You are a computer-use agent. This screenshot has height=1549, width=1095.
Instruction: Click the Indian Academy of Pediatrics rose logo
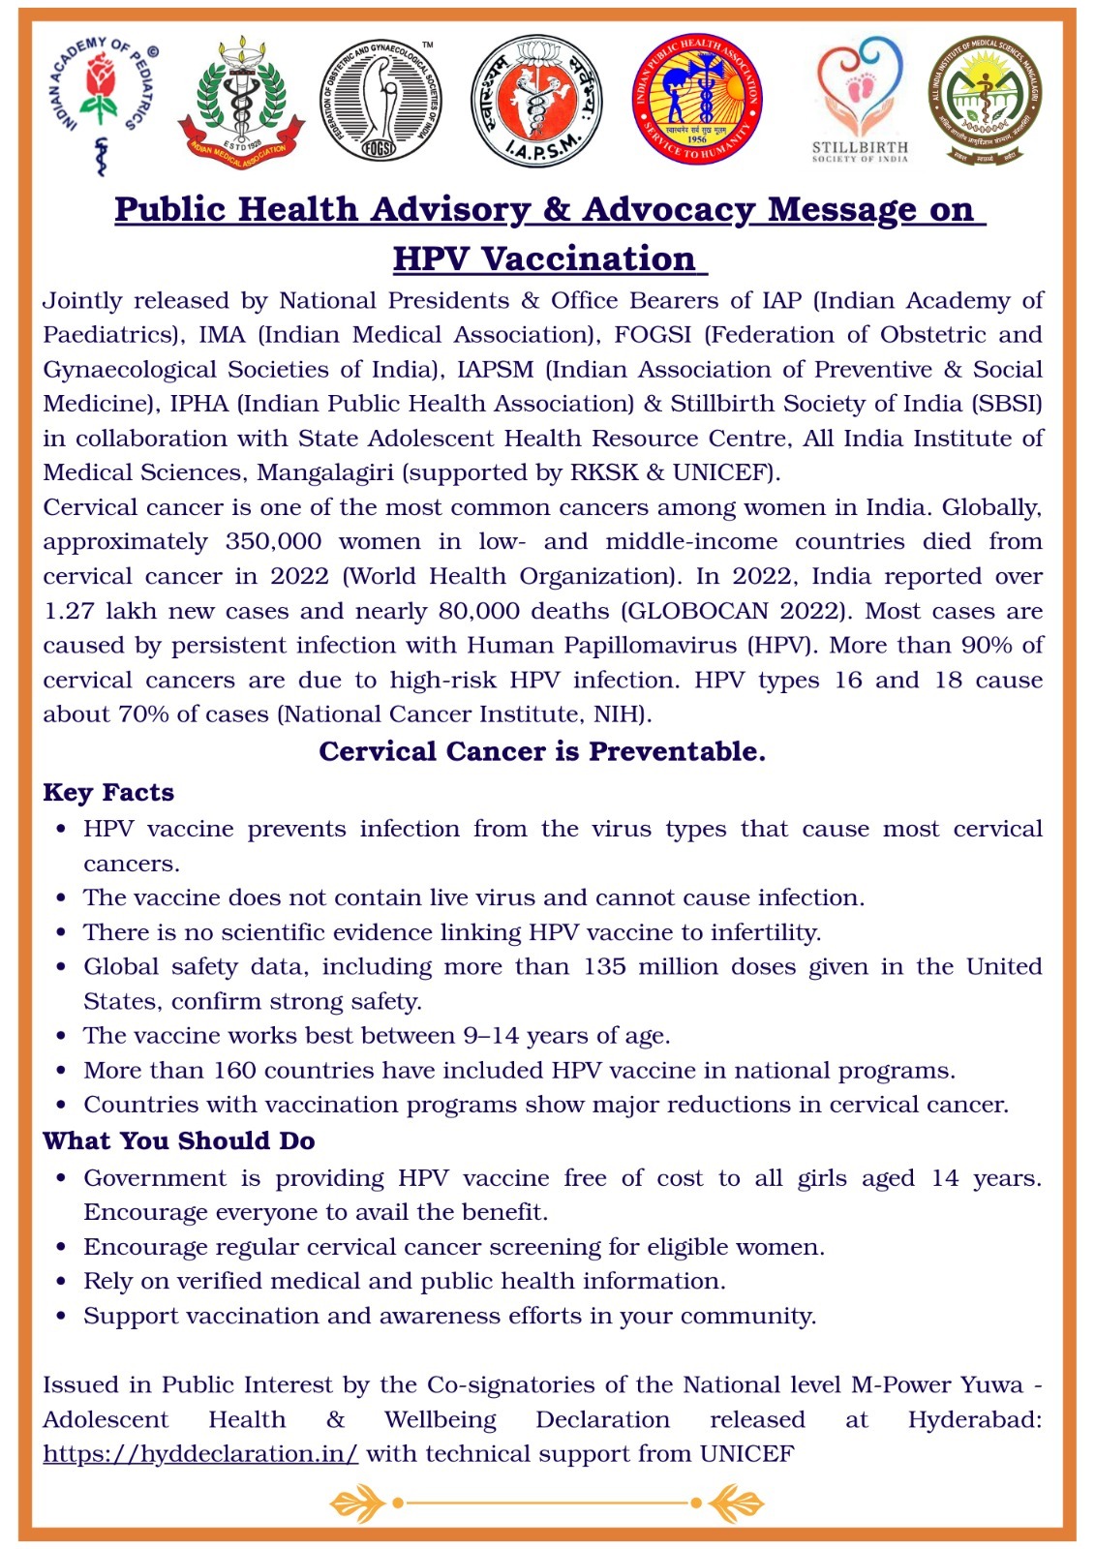pos(101,101)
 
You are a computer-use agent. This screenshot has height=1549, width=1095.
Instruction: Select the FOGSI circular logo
pos(380,101)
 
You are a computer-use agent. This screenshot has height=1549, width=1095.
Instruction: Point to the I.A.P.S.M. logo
pos(536,101)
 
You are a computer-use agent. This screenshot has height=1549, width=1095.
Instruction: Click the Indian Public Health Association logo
pos(697,101)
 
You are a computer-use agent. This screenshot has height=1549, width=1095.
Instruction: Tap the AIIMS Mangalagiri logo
pos(986,101)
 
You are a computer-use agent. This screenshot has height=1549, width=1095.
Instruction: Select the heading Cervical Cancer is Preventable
pos(542,751)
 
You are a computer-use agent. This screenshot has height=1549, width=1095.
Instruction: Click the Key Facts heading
pos(108,793)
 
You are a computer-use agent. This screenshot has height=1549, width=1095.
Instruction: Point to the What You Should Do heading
pos(179,1140)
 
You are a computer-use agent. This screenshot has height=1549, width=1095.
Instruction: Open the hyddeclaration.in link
pos(200,1454)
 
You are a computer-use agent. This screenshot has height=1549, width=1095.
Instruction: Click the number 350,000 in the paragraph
pos(273,542)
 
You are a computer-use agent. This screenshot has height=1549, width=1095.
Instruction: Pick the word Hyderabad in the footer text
pos(974,1420)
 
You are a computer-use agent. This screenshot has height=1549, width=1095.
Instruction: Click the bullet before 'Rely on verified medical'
pos(62,1282)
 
